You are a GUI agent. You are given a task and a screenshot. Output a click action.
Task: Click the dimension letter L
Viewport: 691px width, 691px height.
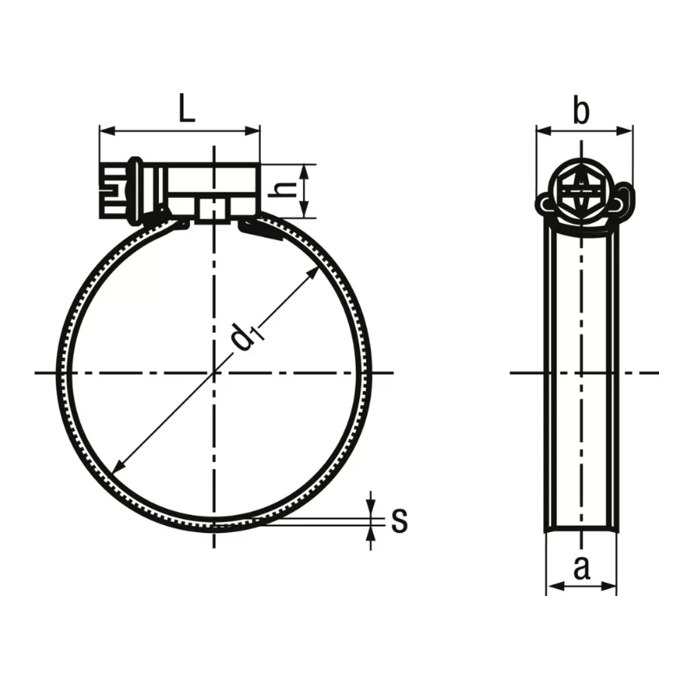click(187, 108)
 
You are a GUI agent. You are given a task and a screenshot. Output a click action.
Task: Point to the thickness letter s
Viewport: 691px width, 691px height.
click(399, 520)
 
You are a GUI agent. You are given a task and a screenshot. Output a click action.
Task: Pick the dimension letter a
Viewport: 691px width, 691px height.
click(581, 568)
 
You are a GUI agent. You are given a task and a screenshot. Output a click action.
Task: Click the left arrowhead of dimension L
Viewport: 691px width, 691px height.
click(107, 131)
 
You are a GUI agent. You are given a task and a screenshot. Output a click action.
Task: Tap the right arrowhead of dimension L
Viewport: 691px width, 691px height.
click(252, 131)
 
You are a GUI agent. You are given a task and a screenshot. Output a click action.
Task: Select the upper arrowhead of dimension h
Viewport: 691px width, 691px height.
click(305, 172)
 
